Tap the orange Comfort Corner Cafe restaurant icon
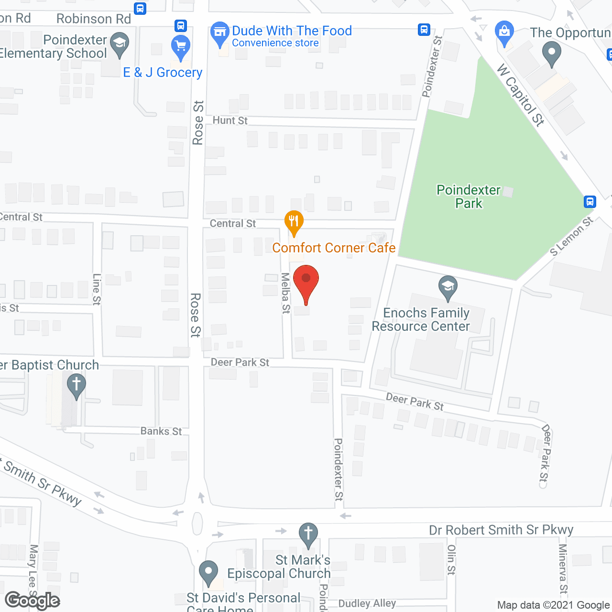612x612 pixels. (x=294, y=222)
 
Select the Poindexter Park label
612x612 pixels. (x=469, y=197)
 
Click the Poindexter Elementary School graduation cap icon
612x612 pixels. (x=120, y=44)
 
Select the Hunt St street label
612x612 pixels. (x=230, y=120)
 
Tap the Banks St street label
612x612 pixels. (x=161, y=431)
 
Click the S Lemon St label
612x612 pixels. (x=571, y=236)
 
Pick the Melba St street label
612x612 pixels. (x=285, y=293)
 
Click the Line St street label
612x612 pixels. (x=97, y=289)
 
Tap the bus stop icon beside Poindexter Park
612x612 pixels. (x=590, y=202)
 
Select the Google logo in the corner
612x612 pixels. (x=33, y=601)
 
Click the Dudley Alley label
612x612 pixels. (x=367, y=603)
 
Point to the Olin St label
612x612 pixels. (x=451, y=559)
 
